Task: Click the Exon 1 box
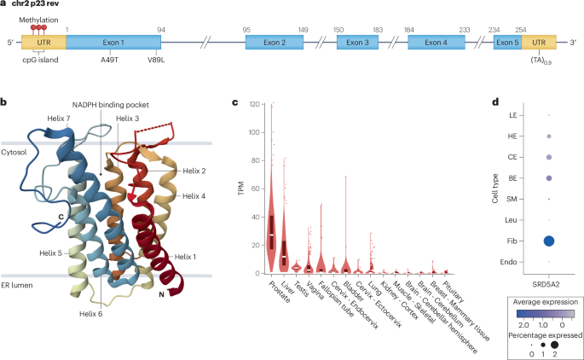coord(114,42)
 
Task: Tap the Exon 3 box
coord(361,42)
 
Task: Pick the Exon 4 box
coord(439,42)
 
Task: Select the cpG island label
coord(40,61)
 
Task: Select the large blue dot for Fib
coord(549,241)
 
